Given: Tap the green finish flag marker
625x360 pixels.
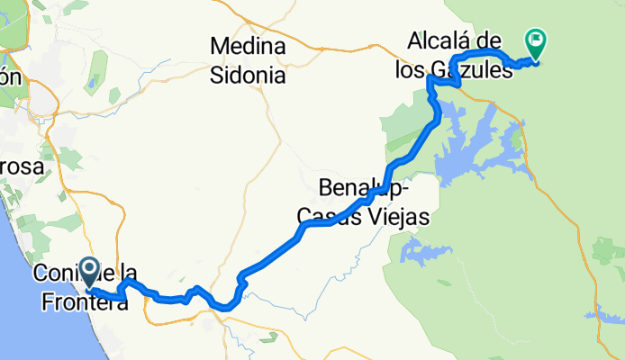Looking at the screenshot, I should point(536,40).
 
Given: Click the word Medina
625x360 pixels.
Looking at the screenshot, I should point(248,46).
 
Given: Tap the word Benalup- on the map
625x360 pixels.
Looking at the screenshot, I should point(366,190).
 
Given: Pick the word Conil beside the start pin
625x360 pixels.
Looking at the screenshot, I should point(56,273).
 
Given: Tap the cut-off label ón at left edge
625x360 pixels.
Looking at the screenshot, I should point(9,77).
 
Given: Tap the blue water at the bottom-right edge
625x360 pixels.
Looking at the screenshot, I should point(609,314).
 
